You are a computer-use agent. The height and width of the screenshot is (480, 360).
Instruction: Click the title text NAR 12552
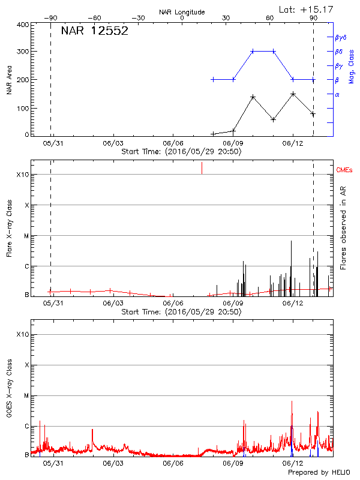[x=95, y=32]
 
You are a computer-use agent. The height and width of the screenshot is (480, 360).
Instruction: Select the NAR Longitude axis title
[x=182, y=12]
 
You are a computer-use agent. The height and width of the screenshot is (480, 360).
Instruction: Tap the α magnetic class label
[x=337, y=94]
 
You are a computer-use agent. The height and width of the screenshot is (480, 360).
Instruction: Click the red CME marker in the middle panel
[x=202, y=168]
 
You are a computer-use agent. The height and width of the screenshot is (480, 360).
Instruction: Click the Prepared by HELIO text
[x=318, y=473]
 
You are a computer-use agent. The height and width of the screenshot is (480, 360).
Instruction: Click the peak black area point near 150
[x=293, y=94]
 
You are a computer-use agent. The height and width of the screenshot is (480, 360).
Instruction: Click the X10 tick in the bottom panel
[x=22, y=334]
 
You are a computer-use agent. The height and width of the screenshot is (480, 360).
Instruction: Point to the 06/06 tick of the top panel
[x=173, y=144]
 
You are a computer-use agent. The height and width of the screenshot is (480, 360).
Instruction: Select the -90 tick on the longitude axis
[x=50, y=18]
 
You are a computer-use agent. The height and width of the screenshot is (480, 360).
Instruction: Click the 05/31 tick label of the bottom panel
[x=53, y=463]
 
